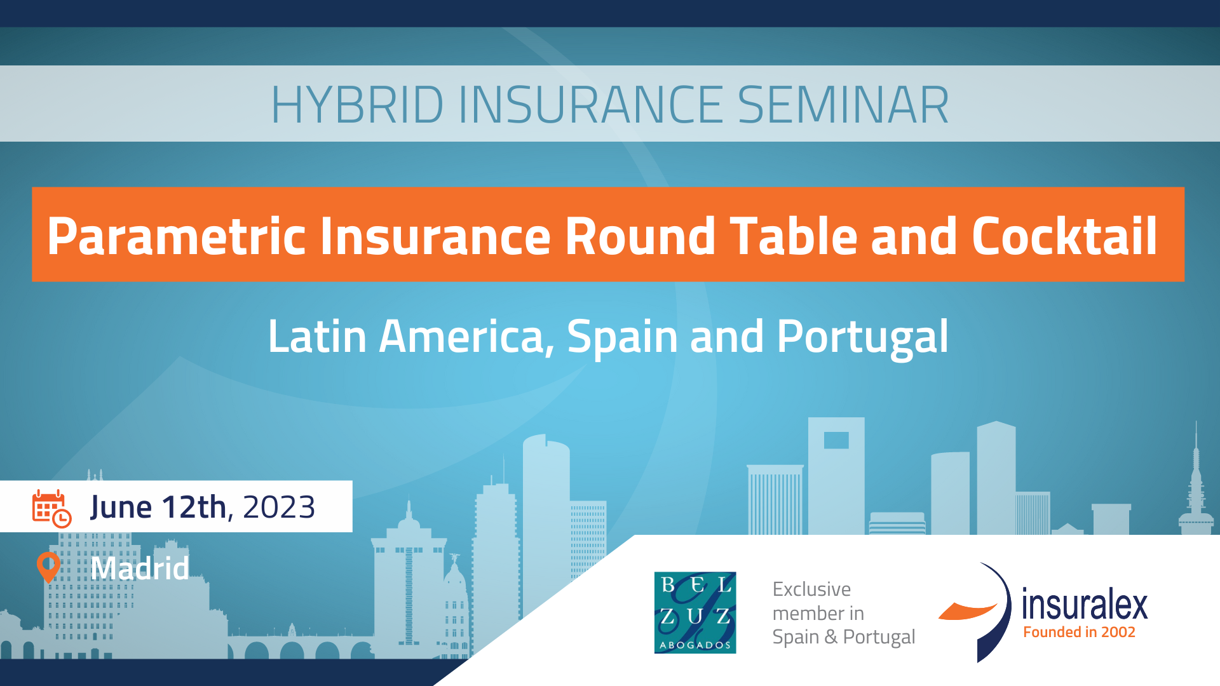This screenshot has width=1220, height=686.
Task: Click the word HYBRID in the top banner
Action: (357, 105)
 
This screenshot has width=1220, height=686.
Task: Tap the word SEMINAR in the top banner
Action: (843, 105)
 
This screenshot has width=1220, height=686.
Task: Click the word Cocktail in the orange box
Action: (1064, 236)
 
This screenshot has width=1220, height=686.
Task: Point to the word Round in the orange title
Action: (640, 236)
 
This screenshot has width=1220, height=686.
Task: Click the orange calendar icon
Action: (51, 509)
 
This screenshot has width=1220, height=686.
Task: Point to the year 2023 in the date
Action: (279, 507)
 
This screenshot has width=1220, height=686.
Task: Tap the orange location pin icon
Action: (48, 567)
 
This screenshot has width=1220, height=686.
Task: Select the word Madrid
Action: (140, 568)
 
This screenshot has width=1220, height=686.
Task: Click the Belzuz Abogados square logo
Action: (695, 612)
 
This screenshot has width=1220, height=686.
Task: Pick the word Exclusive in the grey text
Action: (811, 589)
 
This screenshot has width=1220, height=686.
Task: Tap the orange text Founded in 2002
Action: (1079, 632)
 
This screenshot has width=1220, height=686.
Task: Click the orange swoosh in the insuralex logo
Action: (967, 610)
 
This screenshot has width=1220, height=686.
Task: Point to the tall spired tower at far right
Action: (1196, 483)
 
